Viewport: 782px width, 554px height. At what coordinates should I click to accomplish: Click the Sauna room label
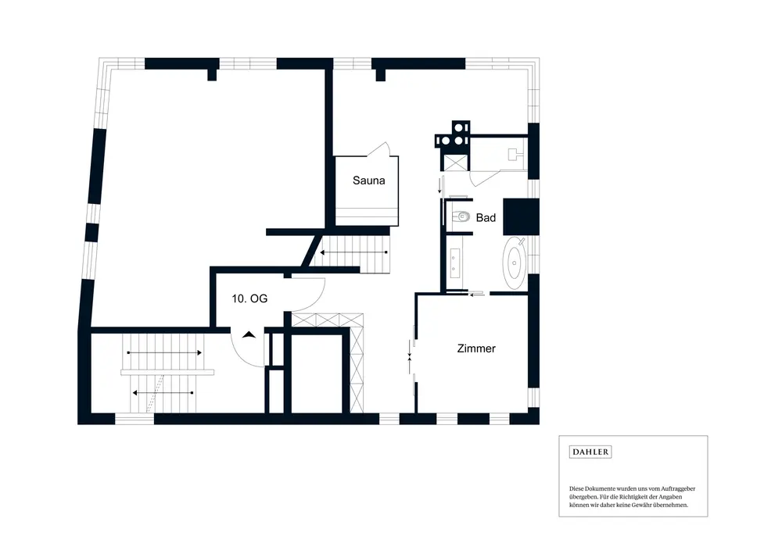click(x=368, y=181)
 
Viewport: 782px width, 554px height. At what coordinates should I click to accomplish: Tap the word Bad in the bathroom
click(x=486, y=218)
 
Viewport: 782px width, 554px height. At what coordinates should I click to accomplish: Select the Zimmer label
click(x=476, y=348)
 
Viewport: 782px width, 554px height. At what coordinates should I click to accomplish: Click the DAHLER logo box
click(x=590, y=452)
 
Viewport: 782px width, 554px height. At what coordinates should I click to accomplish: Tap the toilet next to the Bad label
click(x=461, y=217)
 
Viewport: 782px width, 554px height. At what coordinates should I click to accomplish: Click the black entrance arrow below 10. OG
click(x=249, y=334)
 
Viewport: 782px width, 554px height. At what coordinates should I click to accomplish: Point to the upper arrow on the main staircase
click(x=164, y=353)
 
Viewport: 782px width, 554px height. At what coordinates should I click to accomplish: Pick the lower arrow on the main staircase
click(x=164, y=392)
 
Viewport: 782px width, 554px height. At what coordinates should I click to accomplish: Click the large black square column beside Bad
click(x=520, y=216)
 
